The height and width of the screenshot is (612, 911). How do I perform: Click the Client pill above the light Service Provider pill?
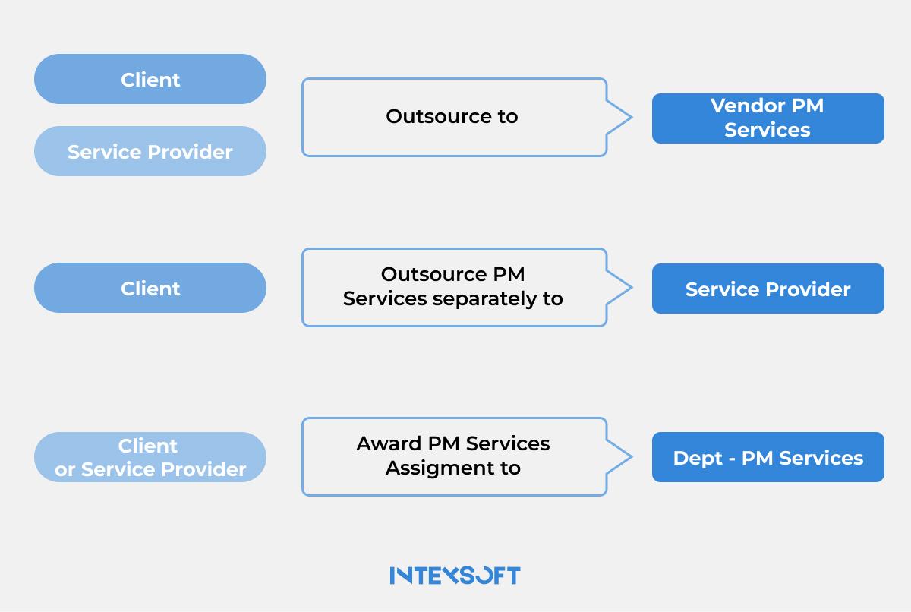pos(150,79)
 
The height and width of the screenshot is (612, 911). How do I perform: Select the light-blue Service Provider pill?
pos(150,151)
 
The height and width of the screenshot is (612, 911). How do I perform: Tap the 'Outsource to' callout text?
pos(452,116)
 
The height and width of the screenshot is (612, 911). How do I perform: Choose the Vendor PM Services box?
pos(768,118)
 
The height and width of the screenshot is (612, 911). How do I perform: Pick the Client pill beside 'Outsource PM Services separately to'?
pos(150,288)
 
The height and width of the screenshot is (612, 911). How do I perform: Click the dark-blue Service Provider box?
pos(768,289)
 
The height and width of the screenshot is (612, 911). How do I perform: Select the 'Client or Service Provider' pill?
pos(150,457)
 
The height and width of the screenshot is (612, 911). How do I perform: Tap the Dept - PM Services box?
pos(768,457)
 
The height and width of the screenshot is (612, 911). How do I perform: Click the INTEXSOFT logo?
pos(455,575)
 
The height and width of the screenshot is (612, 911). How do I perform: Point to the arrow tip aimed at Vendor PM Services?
pos(630,118)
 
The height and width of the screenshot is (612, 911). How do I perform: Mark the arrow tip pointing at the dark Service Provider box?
pos(630,288)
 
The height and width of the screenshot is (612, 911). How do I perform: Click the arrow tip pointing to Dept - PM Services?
pos(630,457)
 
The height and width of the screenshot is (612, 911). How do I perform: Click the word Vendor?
pos(740,106)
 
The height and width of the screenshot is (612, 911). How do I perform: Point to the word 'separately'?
pos(483,298)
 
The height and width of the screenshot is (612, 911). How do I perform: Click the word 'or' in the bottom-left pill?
pos(65,470)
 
